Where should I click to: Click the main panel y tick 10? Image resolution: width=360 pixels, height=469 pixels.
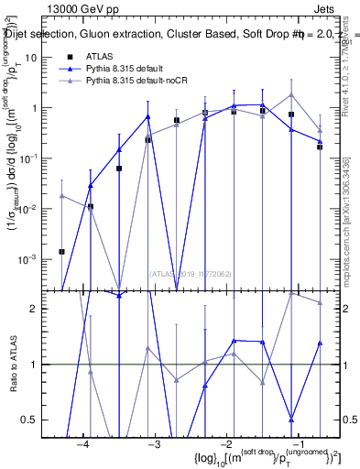tap(43, 57)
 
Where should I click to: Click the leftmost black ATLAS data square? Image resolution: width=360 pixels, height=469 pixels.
tap(61, 251)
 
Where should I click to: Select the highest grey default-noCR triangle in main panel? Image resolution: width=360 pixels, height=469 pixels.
tap(291, 94)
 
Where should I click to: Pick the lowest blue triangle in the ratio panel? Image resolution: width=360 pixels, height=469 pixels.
tap(291, 420)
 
